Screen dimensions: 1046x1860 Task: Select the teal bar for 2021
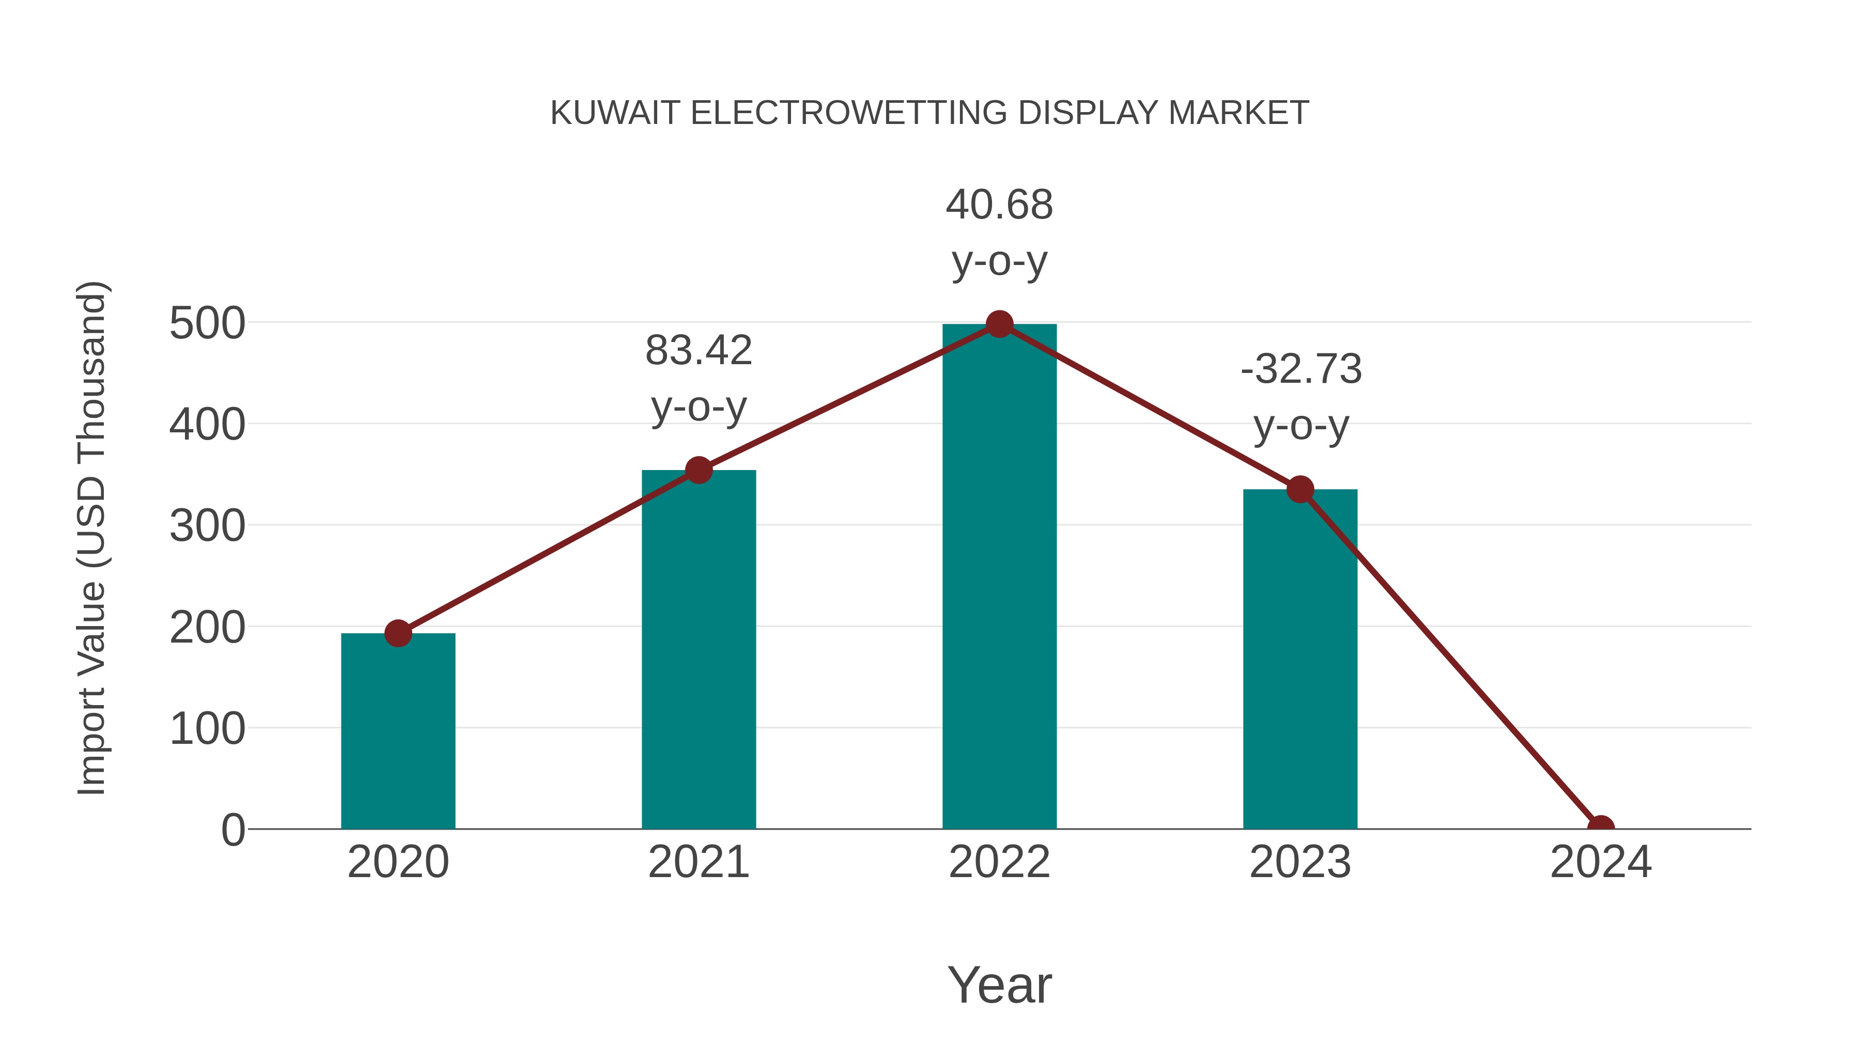tap(698, 650)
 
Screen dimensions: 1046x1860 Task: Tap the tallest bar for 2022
tap(999, 577)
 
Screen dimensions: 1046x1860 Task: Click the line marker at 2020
tap(398, 633)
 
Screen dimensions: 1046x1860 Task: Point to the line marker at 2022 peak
tap(999, 324)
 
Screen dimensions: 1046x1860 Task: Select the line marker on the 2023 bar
tap(1300, 490)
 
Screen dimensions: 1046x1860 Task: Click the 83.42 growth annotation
tap(698, 351)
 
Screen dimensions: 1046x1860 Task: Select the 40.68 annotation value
tap(999, 205)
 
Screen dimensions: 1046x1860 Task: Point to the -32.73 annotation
tap(1301, 370)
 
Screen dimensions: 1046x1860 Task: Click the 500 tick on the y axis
tap(207, 323)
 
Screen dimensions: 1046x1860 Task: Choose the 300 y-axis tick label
tap(207, 526)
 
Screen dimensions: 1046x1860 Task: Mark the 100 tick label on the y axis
tap(207, 729)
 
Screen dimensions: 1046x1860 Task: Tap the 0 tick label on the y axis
tap(233, 830)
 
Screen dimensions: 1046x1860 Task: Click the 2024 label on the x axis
tap(1600, 862)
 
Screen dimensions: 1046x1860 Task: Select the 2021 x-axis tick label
tap(698, 862)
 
